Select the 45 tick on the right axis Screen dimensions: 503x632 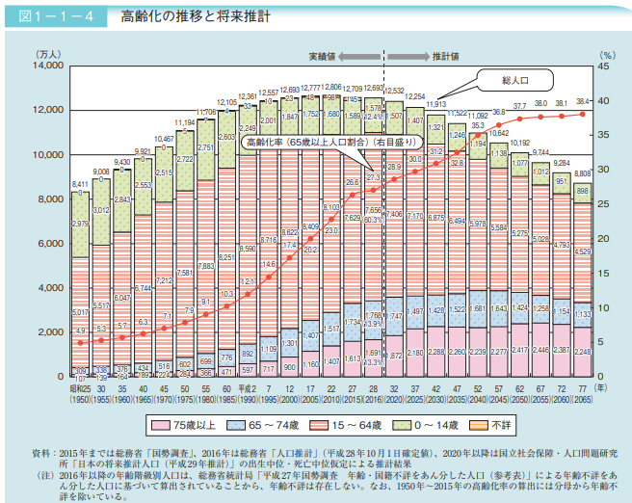[604, 66]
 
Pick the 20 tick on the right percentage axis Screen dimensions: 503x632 [604, 239]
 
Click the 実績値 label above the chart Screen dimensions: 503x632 [324, 55]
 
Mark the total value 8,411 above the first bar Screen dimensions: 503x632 [81, 183]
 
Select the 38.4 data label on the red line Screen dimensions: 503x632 [582, 101]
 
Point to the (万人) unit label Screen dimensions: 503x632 [47, 55]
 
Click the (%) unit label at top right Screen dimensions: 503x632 [604, 55]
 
